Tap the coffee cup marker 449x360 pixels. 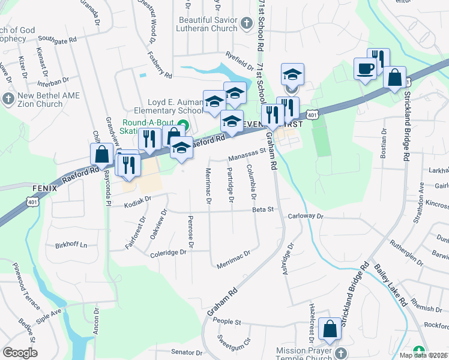[365, 69]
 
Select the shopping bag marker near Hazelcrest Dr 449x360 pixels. [330, 329]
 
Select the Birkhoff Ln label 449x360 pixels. [71, 245]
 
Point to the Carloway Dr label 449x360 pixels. [306, 216]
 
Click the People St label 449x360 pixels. [227, 322]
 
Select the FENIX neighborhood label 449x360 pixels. [45, 188]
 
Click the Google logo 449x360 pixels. [20, 353]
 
